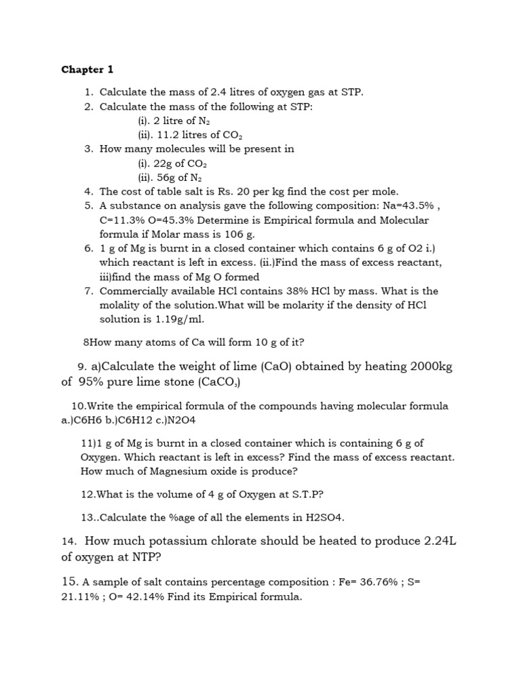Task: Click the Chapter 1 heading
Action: point(88,70)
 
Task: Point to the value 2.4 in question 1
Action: point(199,91)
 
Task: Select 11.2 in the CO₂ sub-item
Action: point(166,134)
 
